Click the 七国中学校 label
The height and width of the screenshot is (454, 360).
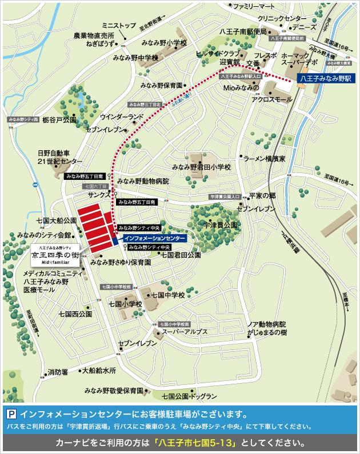pos(167,295)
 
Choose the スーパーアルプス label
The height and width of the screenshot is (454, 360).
pos(185,331)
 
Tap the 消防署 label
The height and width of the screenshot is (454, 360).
pos(58,372)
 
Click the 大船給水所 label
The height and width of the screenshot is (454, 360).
pos(98,370)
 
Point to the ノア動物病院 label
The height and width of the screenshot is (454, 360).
pos(266,323)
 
